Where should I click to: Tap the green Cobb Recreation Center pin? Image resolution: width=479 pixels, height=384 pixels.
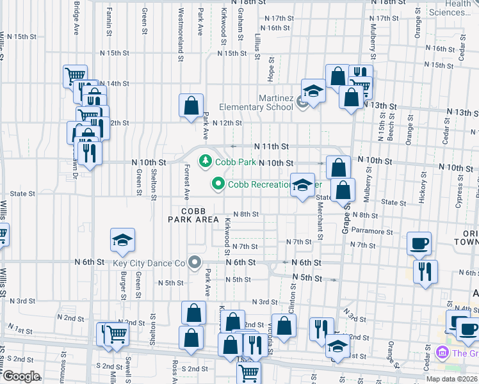coord(218,184)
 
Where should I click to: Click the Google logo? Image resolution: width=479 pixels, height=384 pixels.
coord(21,376)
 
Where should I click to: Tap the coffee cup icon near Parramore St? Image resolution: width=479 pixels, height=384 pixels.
coord(419,243)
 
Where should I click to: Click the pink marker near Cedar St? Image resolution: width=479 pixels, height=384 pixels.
coord(441,352)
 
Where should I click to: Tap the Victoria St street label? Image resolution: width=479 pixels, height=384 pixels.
coord(271,342)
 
